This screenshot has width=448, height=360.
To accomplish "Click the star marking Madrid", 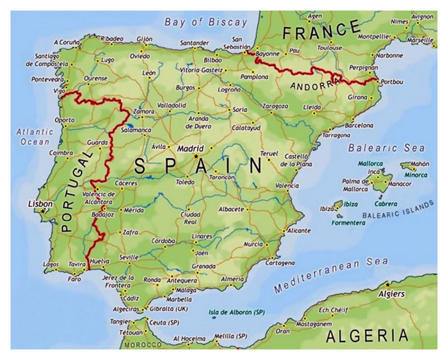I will pyautogui.click(x=196, y=156).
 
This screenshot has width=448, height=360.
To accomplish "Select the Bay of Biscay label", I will pyautogui.click(x=206, y=22).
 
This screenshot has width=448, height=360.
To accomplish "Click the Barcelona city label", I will pyautogui.click(x=359, y=125).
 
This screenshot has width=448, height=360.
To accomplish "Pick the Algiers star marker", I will pyautogui.click(x=387, y=285).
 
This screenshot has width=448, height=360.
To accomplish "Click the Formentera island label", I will pyautogui.click(x=349, y=223).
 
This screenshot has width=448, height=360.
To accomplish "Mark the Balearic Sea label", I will pyautogui.click(x=386, y=148).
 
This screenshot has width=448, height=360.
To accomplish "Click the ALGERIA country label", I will pyautogui.click(x=367, y=335).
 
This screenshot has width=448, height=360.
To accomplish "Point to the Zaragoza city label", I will pyautogui.click(x=275, y=106).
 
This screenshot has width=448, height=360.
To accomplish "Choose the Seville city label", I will pyautogui.click(x=129, y=257).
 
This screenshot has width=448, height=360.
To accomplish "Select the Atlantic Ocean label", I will pyautogui.click(x=35, y=137).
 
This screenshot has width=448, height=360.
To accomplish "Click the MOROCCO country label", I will pyautogui.click(x=143, y=345).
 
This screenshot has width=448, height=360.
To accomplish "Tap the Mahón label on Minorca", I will pyautogui.click(x=420, y=164).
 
